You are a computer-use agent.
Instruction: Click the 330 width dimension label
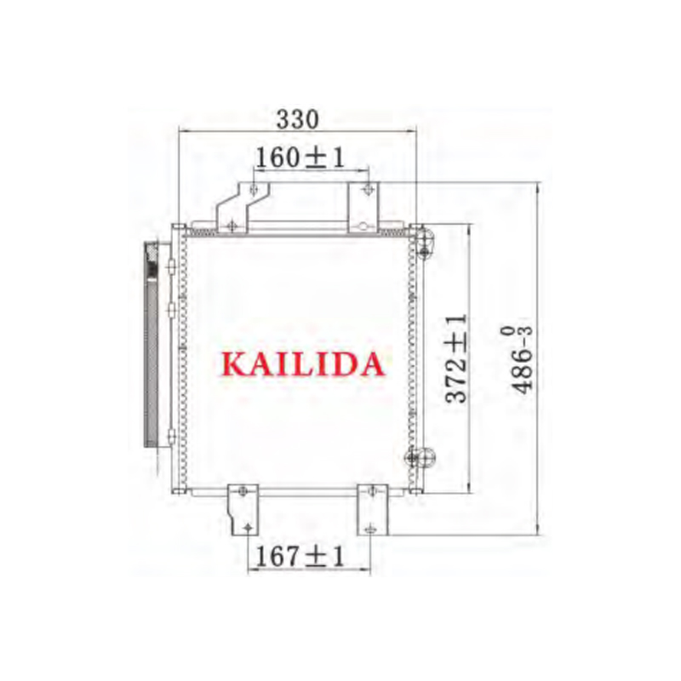coord(297,119)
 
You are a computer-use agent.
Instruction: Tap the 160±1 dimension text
coord(300,157)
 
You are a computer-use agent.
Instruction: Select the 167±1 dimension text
coord(300,556)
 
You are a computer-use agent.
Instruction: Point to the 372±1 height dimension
coord(457,358)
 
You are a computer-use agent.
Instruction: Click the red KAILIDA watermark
coord(303,364)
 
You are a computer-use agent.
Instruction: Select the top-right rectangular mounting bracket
coord(363,208)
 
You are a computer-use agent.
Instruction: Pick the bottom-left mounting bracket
coord(243,510)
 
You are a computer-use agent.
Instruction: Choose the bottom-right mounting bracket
coord(373,510)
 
